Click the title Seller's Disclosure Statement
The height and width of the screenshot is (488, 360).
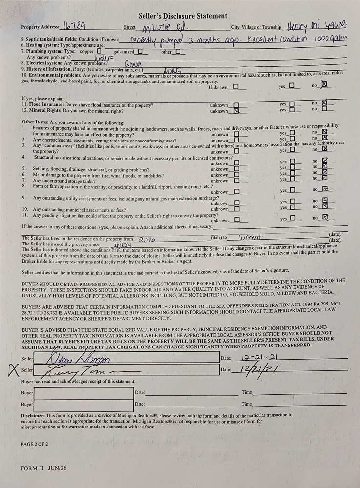pos(182,16)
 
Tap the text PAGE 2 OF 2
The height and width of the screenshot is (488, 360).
pos(34,444)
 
